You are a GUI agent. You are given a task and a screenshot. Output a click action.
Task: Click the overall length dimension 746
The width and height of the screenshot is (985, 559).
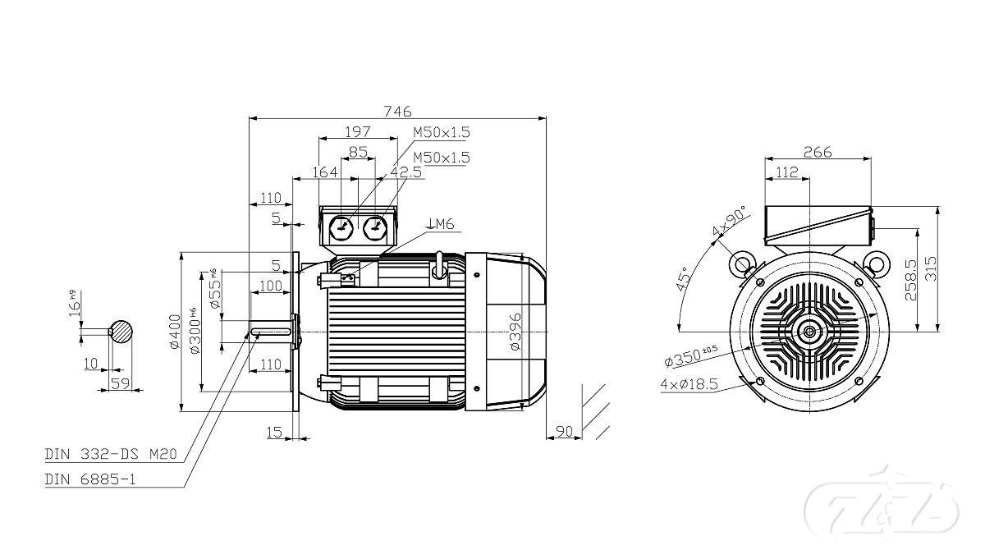(397, 111)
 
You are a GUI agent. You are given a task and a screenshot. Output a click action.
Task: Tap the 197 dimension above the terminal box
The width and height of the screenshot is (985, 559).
(358, 131)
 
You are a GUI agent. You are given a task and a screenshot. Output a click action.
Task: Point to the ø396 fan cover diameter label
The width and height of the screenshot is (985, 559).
(515, 332)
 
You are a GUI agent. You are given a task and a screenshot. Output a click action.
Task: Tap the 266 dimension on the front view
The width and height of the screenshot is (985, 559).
(818, 152)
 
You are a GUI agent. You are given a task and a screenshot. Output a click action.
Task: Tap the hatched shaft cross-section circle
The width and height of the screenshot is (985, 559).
(121, 330)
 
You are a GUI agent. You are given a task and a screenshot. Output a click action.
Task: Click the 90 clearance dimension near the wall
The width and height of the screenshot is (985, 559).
(564, 430)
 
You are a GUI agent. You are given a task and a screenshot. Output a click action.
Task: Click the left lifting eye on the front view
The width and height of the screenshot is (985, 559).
(742, 263)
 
